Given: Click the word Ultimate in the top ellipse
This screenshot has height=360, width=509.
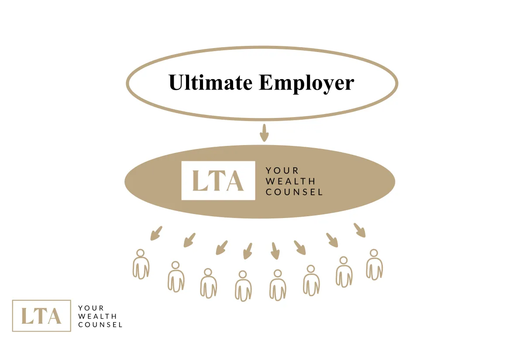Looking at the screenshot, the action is point(210,82).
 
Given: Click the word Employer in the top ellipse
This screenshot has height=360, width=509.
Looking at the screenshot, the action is point(306,83).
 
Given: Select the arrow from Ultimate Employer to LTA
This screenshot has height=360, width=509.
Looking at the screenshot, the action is point(264,133).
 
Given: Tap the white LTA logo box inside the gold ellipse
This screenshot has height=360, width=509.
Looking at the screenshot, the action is point(218,180).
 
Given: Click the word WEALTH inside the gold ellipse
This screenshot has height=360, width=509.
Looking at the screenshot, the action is point(291,181).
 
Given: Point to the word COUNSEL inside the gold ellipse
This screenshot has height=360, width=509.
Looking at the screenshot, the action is point(294,192).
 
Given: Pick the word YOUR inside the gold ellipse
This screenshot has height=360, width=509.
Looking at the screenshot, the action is point(282,170).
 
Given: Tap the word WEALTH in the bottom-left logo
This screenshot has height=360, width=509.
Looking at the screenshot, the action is point(97,316).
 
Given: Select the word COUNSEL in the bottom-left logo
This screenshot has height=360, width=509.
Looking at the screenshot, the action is point(100,325).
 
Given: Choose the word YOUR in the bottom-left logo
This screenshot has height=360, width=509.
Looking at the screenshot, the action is point(91,308).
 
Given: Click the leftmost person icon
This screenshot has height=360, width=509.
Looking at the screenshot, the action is point(141,264).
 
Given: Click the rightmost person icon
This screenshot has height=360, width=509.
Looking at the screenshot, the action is point(374,264).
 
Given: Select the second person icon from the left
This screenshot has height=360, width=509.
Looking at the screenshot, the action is point(176,277).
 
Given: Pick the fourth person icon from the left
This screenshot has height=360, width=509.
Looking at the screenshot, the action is point(243,286).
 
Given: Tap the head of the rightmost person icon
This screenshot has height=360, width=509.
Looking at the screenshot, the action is point(374,253).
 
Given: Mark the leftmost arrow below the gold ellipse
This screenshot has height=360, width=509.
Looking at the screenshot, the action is point(156,233).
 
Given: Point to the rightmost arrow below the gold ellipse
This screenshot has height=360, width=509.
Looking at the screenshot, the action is point(360,230).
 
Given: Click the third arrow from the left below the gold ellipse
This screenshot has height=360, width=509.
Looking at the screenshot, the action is point(222,248).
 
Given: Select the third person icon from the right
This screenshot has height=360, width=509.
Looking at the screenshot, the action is point(311,280).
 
